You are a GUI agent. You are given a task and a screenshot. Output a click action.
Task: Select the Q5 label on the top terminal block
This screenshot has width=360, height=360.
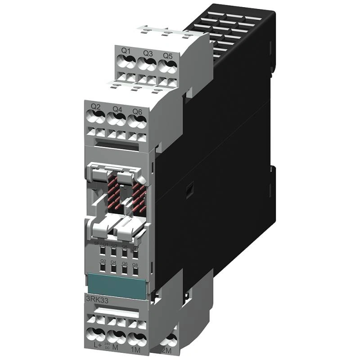click(x=167, y=55)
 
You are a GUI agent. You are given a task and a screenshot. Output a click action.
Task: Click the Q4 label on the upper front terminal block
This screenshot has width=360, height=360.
click(x=117, y=109)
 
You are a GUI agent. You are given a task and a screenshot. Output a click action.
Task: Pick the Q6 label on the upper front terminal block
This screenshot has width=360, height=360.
click(x=137, y=111)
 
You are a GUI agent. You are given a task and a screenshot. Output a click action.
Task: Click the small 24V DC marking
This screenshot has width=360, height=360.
click(x=107, y=344)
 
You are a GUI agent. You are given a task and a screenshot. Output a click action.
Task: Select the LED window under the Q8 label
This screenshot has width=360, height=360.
click(x=135, y=271)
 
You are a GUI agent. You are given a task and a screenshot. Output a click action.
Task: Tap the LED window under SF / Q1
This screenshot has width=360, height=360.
click(x=103, y=251)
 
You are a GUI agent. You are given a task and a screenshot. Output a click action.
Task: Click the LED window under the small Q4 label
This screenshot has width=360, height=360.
click(x=114, y=269)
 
